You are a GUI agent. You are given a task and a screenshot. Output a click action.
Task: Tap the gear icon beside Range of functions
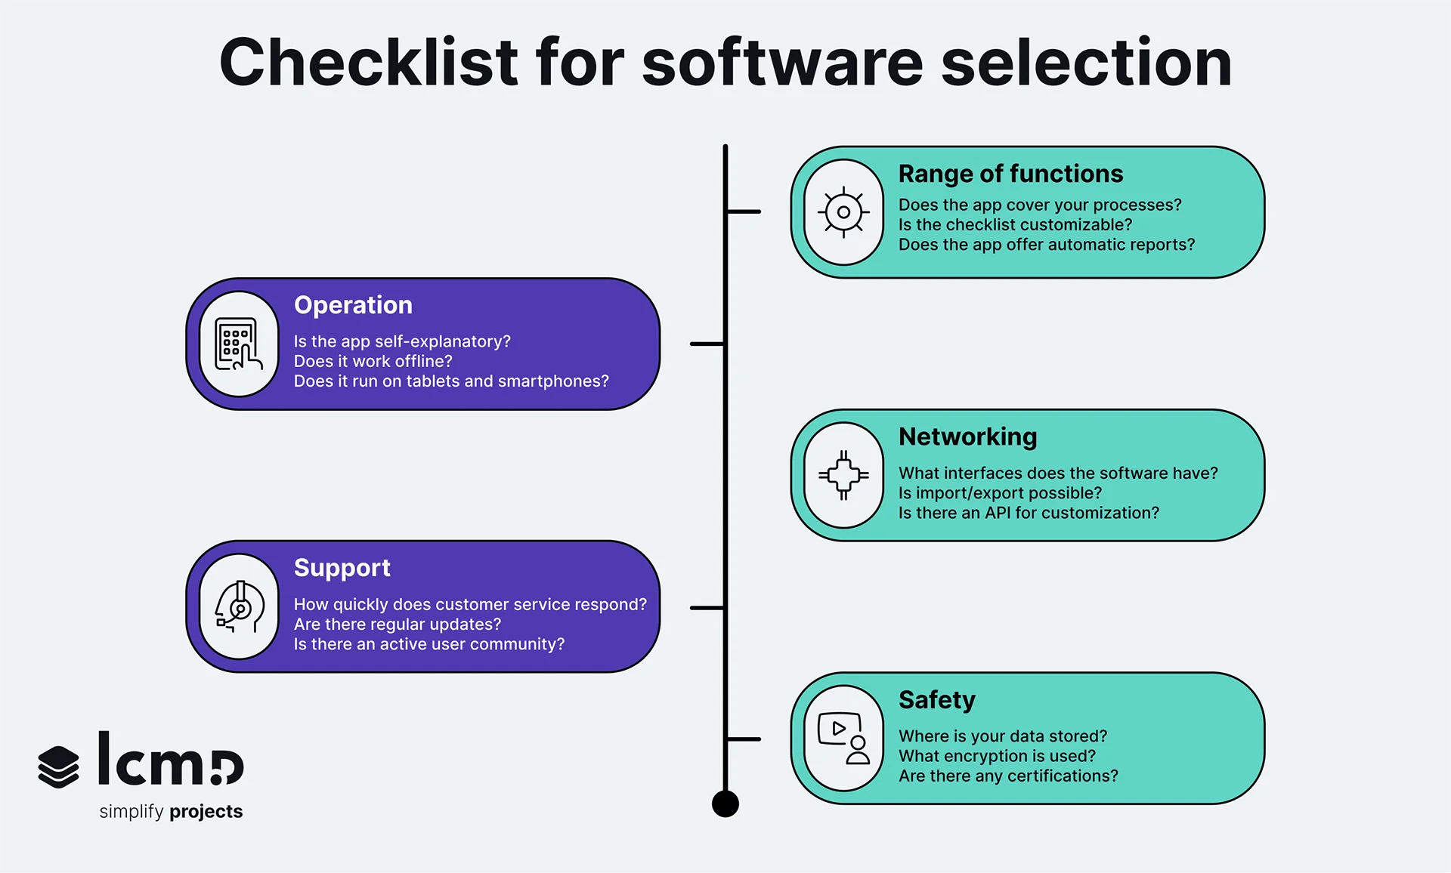pos(843,212)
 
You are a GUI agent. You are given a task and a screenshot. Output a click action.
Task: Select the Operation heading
pos(353,305)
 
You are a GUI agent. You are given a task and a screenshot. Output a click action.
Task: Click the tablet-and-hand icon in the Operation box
pos(239,344)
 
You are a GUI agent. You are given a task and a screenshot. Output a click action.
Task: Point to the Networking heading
pos(967,436)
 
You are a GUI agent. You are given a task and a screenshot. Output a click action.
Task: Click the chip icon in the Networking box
pos(843,475)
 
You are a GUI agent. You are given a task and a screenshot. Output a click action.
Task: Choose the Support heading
pos(342,568)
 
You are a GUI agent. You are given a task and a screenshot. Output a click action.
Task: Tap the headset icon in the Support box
pos(239,607)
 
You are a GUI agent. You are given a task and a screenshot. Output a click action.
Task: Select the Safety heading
pos(936,700)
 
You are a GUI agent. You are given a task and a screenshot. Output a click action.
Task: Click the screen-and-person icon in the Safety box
pos(843,739)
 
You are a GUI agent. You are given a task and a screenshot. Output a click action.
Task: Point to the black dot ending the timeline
pos(725,804)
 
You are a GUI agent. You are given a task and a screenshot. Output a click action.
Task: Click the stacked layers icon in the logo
pos(58,767)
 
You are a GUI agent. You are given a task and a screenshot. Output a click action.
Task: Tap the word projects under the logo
pos(206,812)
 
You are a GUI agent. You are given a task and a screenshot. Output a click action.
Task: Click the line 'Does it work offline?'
pos(373,362)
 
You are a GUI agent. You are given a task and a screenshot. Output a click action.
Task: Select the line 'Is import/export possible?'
pos(999,493)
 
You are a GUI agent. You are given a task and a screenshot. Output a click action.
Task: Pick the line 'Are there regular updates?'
pos(397,625)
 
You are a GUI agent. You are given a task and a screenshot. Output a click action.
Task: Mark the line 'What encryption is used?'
pos(996,756)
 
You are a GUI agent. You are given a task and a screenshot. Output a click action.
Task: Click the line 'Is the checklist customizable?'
pos(1015,225)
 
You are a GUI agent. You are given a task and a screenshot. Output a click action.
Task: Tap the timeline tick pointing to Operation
pos(707,344)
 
